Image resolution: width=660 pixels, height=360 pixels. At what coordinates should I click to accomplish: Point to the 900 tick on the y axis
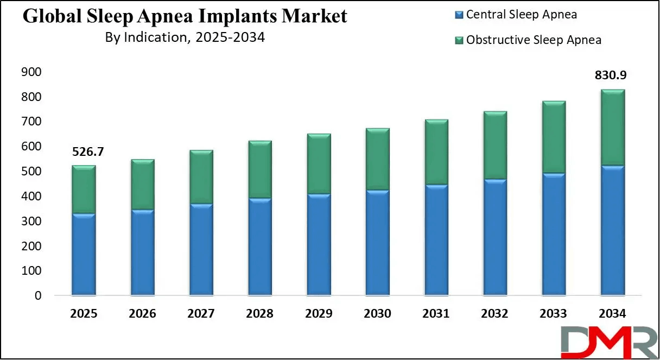pyautogui.click(x=31, y=72)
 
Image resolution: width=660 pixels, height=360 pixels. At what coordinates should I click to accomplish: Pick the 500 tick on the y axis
pyautogui.click(x=31, y=172)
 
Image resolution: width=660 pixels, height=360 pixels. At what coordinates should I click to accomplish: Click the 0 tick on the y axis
pyautogui.click(x=37, y=296)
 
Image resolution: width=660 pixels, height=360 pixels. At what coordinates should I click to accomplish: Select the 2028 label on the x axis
pyautogui.click(x=259, y=314)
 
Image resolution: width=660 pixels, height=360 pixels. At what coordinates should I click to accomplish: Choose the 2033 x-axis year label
pyautogui.click(x=553, y=314)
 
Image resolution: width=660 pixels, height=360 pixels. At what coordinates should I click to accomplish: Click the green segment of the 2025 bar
pyautogui.click(x=84, y=189)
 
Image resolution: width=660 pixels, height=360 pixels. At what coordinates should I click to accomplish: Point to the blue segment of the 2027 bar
pyautogui.click(x=201, y=249)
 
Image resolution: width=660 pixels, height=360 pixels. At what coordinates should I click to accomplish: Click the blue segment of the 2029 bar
pyautogui.click(x=318, y=244)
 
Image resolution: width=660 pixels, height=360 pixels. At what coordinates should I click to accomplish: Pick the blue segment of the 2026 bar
pyautogui.click(x=142, y=252)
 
